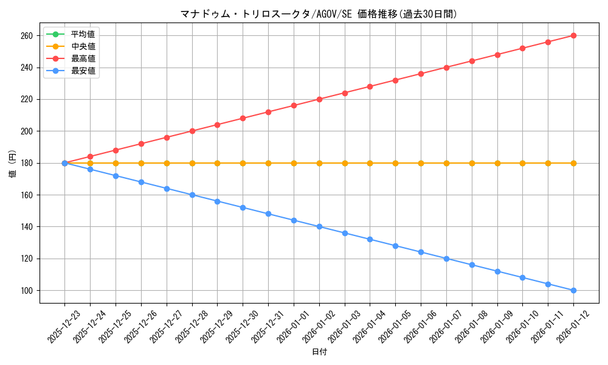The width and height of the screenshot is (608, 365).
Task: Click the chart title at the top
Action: pyautogui.click(x=319, y=14)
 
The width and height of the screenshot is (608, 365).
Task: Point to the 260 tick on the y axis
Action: pyautogui.click(x=28, y=36)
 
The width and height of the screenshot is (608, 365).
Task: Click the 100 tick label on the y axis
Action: pyautogui.click(x=28, y=291)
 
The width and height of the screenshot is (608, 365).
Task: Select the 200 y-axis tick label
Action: pyautogui.click(x=28, y=131)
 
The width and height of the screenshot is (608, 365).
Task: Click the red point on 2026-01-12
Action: pyautogui.click(x=573, y=35)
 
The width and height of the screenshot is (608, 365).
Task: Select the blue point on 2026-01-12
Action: pyautogui.click(x=573, y=290)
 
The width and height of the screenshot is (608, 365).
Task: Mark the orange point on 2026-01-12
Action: pyautogui.click(x=573, y=163)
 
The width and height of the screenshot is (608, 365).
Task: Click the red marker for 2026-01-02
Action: pyautogui.click(x=319, y=99)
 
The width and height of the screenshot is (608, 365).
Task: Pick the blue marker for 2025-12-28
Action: pyautogui.click(x=192, y=195)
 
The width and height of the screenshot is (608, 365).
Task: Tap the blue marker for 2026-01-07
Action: pyautogui.click(x=446, y=259)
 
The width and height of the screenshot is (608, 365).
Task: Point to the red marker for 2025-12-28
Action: pyautogui.click(x=192, y=131)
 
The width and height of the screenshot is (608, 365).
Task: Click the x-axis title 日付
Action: pyautogui.click(x=319, y=352)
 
